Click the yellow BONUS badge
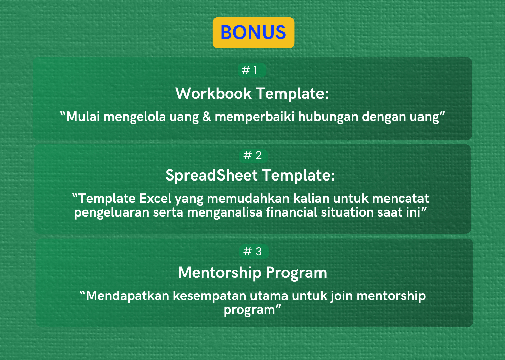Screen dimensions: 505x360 (254, 33)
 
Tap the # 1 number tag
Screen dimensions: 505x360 (252, 70)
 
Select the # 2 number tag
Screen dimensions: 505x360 (254, 155)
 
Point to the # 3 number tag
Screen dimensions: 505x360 (254, 252)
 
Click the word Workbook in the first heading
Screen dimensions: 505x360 (213, 93)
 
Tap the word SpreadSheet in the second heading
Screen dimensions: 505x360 (211, 175)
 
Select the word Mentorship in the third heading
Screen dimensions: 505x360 (220, 273)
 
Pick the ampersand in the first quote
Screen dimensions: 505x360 (207, 117)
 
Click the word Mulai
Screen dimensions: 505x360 (83, 117)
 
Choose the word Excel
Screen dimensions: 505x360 (155, 198)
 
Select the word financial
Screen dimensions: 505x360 (292, 212)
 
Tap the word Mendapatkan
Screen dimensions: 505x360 (128, 296)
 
